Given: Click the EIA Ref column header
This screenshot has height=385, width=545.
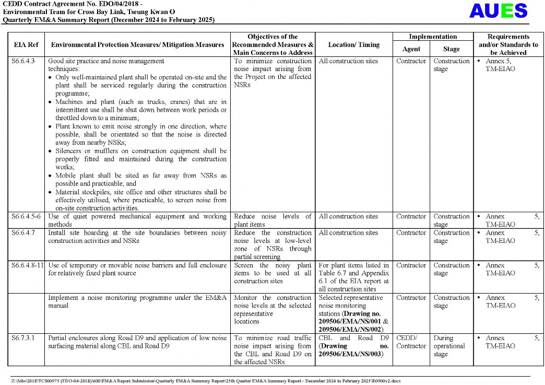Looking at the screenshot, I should tap(26, 45).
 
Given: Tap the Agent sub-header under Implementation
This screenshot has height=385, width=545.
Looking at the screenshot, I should tap(411, 49).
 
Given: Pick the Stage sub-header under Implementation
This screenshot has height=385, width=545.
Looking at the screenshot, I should tap(451, 49).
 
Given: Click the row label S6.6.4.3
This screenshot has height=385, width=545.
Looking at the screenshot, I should tap(23, 61).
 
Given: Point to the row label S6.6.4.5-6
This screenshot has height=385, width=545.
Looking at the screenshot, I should tap(26, 216).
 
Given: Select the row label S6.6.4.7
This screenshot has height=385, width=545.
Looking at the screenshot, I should tap(23, 232).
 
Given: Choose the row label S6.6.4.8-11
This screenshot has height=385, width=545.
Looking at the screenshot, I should tap(28, 265).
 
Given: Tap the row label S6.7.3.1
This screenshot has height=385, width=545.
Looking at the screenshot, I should tap(23, 338).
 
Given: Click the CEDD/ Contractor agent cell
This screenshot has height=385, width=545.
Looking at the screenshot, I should tap(411, 342).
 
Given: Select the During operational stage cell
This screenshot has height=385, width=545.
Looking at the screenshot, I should tap(449, 346).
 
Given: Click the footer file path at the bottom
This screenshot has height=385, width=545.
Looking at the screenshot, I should tap(206, 381).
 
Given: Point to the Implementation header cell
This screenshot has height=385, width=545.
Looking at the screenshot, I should tap(433, 37).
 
